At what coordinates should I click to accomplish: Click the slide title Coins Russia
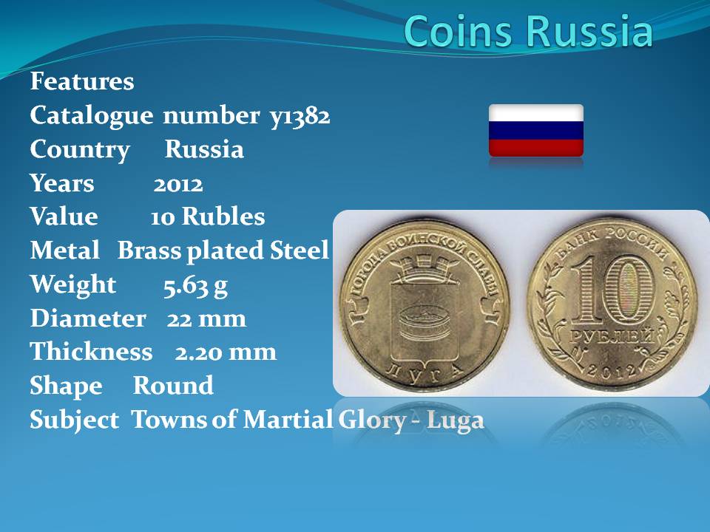tap(528, 31)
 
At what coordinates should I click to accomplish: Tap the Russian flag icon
tap(536, 131)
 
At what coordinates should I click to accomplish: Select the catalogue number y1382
tap(300, 116)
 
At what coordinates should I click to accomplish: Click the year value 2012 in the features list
tap(178, 185)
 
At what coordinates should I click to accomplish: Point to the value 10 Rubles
tap(208, 216)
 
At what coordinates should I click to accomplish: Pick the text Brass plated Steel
tap(223, 251)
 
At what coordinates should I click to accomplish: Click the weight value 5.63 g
tap(195, 286)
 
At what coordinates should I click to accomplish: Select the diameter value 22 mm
tap(206, 319)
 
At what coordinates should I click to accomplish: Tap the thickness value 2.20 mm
tap(226, 352)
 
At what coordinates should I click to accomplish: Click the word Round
tap(173, 386)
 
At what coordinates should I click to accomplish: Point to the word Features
tap(82, 81)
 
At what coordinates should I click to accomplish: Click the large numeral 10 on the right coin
tap(612, 289)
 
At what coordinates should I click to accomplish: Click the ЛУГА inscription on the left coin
tap(425, 372)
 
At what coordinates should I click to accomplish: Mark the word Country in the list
tap(80, 151)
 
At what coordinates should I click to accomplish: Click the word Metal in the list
tap(65, 250)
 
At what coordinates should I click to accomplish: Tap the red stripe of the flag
tap(536, 148)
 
